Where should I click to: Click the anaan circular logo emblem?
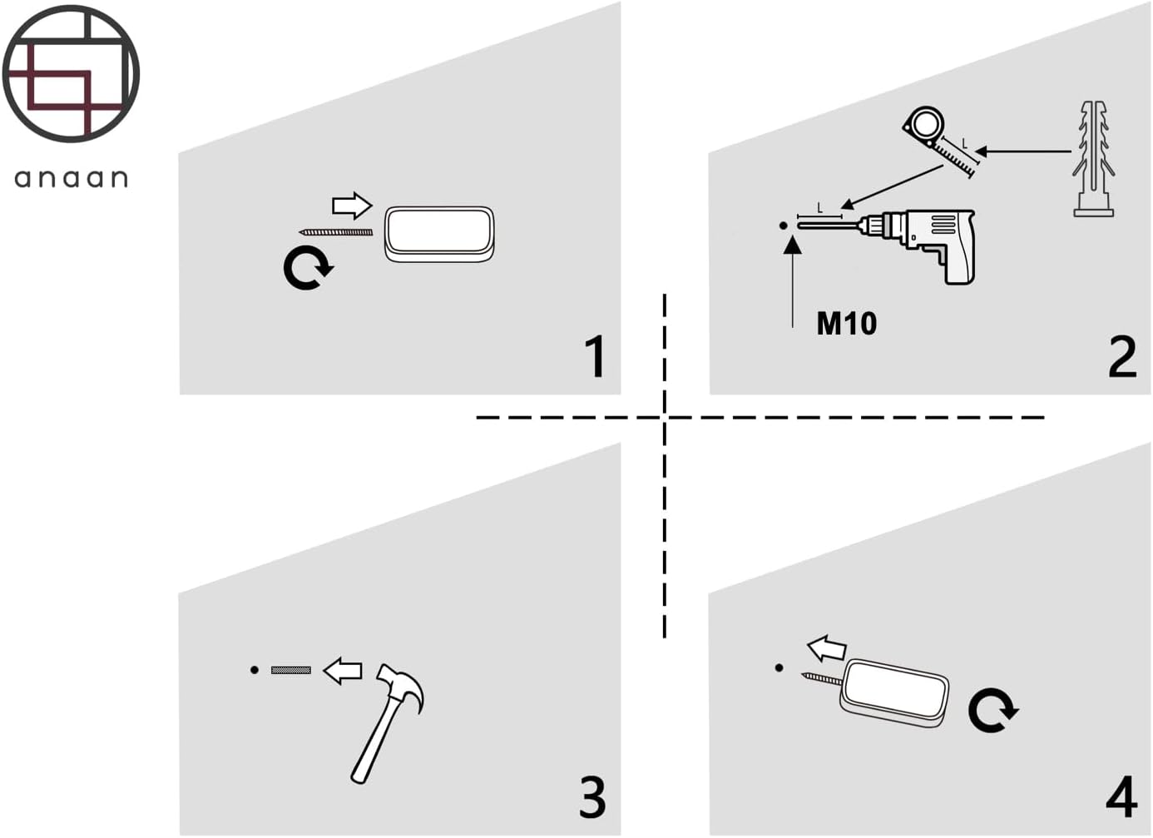click(x=71, y=74)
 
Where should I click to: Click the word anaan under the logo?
click(x=71, y=178)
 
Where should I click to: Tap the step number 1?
click(x=596, y=356)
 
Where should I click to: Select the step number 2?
click(x=1122, y=356)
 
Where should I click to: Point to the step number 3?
click(x=592, y=797)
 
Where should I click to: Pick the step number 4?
click(x=1121, y=797)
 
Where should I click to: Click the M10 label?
click(x=847, y=324)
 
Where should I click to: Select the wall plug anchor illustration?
click(x=1093, y=159)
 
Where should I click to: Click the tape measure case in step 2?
click(x=924, y=126)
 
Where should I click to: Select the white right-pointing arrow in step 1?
click(x=352, y=206)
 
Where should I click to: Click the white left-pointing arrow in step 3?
click(x=342, y=671)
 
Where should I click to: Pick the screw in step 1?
click(x=335, y=232)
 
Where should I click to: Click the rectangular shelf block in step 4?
click(x=894, y=692)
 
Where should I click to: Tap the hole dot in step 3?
click(x=255, y=670)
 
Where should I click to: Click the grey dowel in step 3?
click(x=291, y=670)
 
